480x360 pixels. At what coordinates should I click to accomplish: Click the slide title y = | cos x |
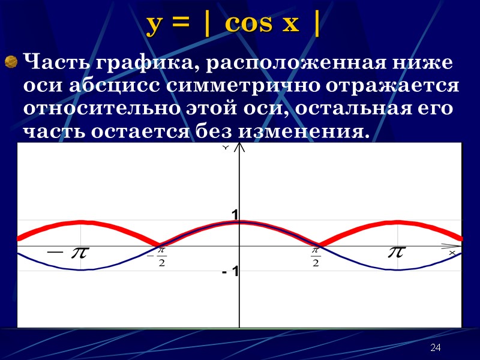pyautogui.click(x=233, y=24)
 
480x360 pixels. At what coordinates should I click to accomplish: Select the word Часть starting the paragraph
pyautogui.click(x=52, y=62)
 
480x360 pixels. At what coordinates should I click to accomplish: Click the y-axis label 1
pyautogui.click(x=235, y=215)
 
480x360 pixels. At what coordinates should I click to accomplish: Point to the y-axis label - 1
pyautogui.click(x=230, y=272)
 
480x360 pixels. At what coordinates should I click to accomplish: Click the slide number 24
pyautogui.click(x=436, y=349)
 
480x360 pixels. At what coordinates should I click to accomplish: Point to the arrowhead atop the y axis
pyautogui.click(x=239, y=148)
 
